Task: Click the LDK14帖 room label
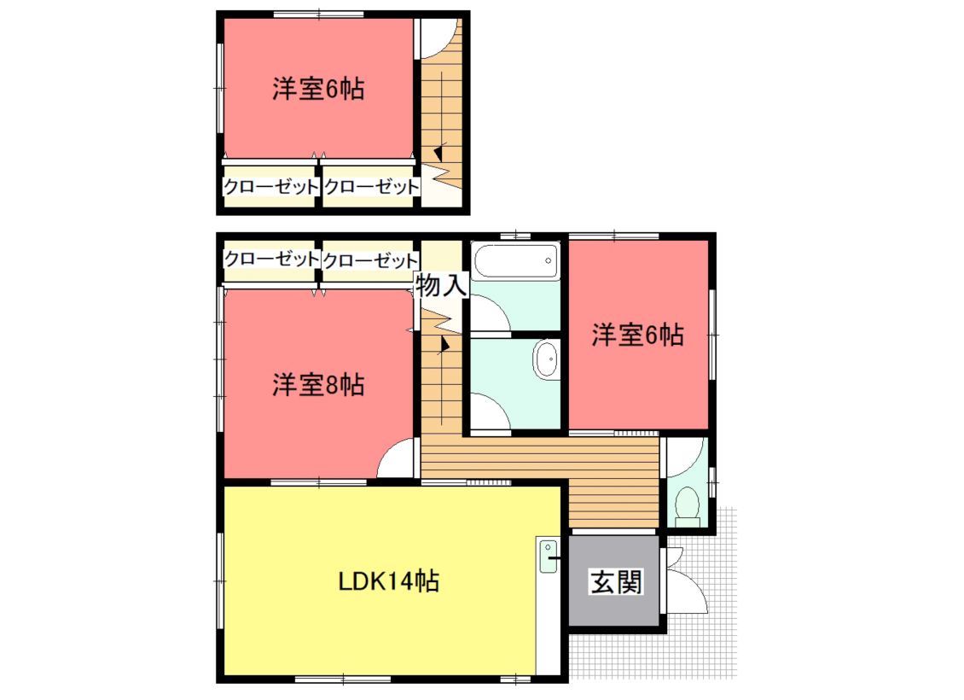[x=388, y=580]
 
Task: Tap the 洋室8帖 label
[x=318, y=385]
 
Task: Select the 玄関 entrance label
[x=616, y=582]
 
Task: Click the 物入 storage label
[x=441, y=285]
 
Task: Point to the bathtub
[x=516, y=261]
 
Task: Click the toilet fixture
[x=688, y=507]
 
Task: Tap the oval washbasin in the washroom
[x=546, y=359]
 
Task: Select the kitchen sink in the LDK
[x=548, y=555]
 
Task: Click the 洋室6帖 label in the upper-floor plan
[x=318, y=89]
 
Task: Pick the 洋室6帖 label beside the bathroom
[x=637, y=335]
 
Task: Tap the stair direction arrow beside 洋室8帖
[x=444, y=345]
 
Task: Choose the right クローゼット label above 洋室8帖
[x=370, y=260]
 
